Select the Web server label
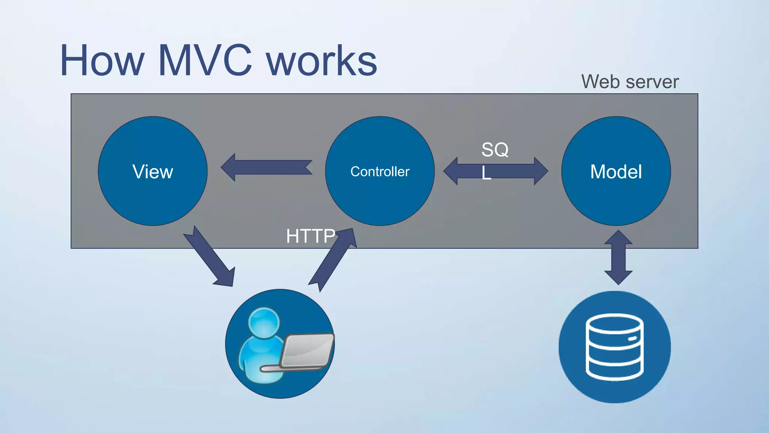pyautogui.click(x=630, y=82)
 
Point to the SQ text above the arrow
pyautogui.click(x=495, y=150)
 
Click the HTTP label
pyautogui.click(x=310, y=236)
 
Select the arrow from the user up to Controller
pyautogui.click(x=332, y=259)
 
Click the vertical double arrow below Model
pyautogui.click(x=618, y=258)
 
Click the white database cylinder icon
pyautogui.click(x=615, y=347)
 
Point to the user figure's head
pyautogui.click(x=264, y=323)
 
